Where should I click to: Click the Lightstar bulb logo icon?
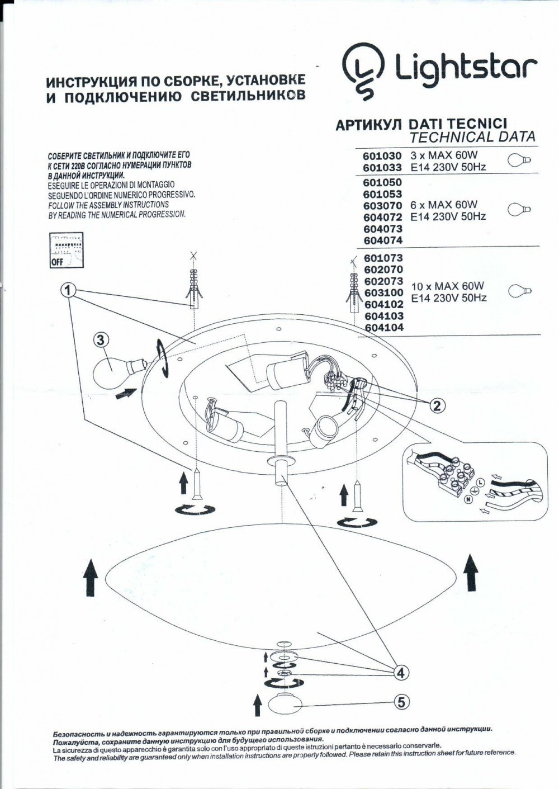(x=363, y=72)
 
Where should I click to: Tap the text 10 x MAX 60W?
(x=447, y=286)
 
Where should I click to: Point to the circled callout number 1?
(x=68, y=290)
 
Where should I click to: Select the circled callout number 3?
(x=100, y=339)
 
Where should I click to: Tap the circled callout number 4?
(x=400, y=673)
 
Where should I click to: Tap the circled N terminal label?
(x=468, y=500)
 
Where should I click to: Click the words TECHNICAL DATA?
(x=472, y=136)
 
